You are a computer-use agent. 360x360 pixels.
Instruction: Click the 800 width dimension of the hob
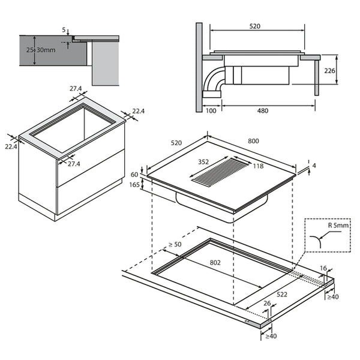point(253,142)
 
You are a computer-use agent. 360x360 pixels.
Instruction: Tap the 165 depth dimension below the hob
point(135,185)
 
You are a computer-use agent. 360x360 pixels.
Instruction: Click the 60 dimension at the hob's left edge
point(135,175)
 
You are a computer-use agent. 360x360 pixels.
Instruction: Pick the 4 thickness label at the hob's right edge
point(313,166)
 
